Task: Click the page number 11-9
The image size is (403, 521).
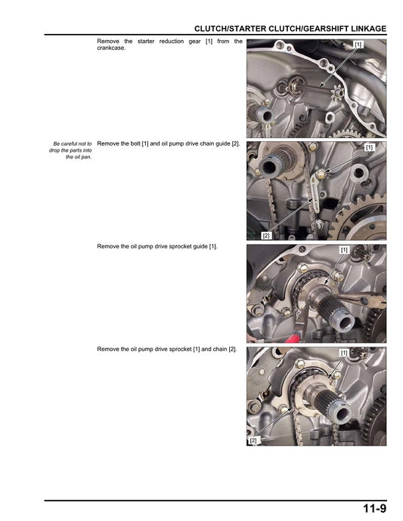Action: point(374,509)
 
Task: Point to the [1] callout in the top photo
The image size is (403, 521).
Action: point(358,45)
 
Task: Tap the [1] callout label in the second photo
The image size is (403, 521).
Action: point(368,147)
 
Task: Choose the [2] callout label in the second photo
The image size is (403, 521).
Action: point(265,236)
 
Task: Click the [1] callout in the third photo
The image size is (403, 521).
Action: point(344,250)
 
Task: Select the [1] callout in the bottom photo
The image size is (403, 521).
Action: point(344,353)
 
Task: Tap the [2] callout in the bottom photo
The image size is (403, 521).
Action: point(253,439)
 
